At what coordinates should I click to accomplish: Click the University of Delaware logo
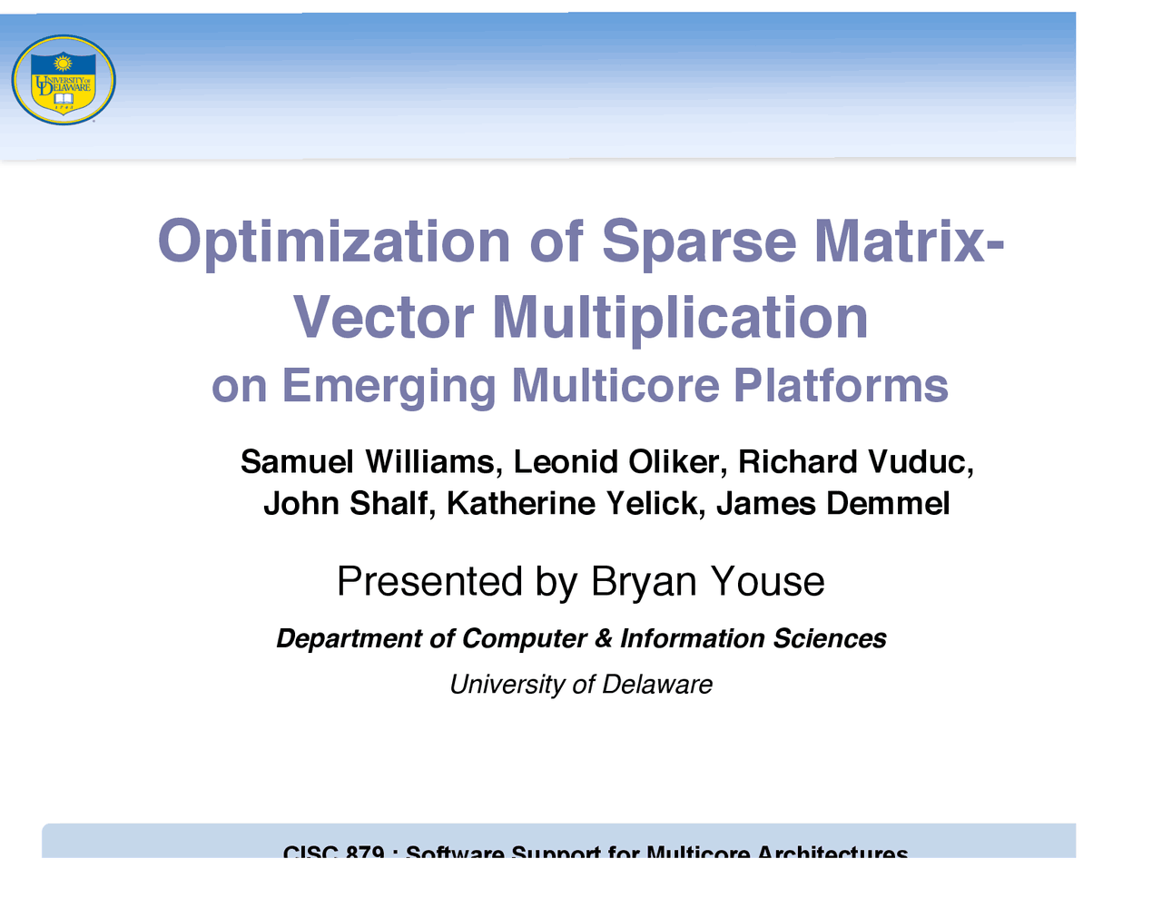(x=64, y=80)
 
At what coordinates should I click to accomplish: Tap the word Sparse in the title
(x=699, y=242)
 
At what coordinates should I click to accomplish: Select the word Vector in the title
(x=383, y=318)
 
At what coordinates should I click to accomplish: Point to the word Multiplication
(x=680, y=318)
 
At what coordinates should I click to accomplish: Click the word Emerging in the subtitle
(x=389, y=386)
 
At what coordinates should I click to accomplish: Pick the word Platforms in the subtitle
(x=841, y=386)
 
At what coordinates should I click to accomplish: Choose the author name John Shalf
(x=346, y=503)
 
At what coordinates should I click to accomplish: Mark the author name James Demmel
(x=832, y=503)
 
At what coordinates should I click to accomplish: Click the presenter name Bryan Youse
(x=707, y=581)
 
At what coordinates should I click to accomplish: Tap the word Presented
(x=429, y=581)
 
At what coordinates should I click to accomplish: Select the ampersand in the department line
(x=604, y=639)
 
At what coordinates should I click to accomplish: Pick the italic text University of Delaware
(x=581, y=685)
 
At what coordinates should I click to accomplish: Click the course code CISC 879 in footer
(x=333, y=853)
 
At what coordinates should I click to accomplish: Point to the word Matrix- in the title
(x=909, y=242)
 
